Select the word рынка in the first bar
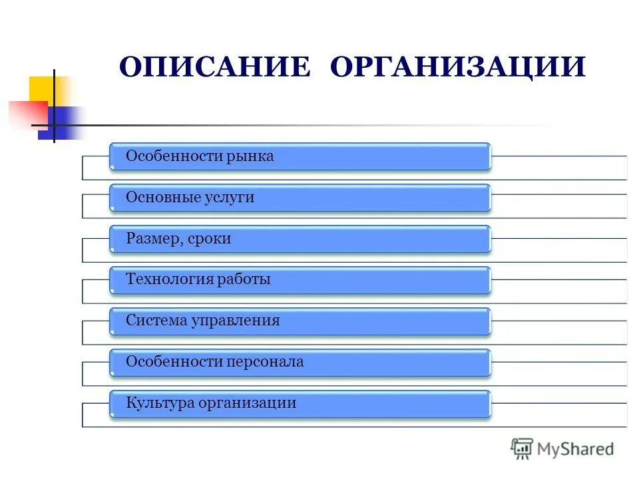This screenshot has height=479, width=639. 250,156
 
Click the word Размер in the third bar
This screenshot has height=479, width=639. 152,239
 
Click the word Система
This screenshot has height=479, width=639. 156,321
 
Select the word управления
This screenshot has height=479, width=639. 235,321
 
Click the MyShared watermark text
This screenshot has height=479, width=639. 576,450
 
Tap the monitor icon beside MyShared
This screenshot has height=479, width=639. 523,449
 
